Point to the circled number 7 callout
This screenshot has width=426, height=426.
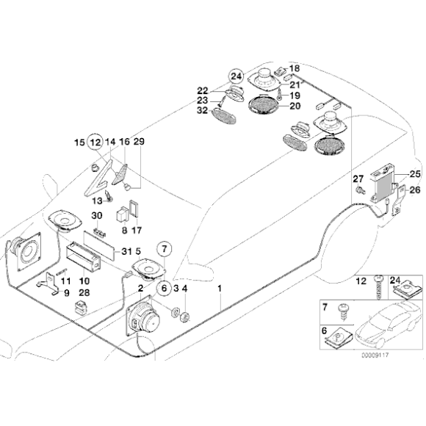click(164, 248)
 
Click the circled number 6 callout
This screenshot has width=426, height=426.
click(164, 288)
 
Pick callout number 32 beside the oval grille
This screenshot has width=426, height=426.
click(202, 111)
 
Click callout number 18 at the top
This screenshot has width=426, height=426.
click(295, 68)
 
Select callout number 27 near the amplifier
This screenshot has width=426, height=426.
click(358, 178)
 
